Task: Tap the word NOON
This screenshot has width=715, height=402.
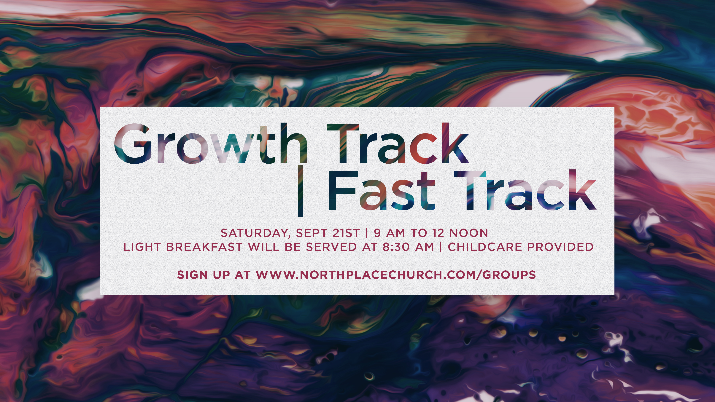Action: [468, 233]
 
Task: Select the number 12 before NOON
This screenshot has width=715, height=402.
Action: [438, 233]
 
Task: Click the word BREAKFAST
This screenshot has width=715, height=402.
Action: [204, 247]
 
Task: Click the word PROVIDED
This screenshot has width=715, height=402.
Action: [560, 247]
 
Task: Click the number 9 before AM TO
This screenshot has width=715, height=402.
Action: [377, 233]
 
